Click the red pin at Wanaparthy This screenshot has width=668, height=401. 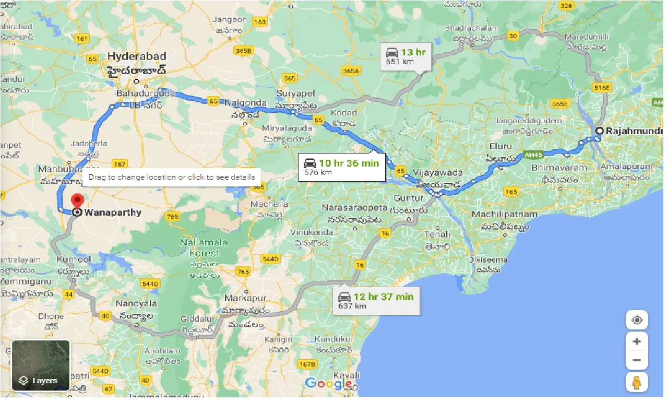77,200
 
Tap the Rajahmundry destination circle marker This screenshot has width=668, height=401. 600,131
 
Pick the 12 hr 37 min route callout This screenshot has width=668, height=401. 376,300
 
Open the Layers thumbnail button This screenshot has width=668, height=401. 41,365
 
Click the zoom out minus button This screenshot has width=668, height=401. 637,360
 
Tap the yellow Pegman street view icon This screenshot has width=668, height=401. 637,383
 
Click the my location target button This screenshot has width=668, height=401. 637,320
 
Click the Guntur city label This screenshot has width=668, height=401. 409,198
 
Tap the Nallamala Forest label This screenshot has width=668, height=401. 204,247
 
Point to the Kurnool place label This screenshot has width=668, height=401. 76,259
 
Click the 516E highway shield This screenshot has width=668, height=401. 601,88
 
